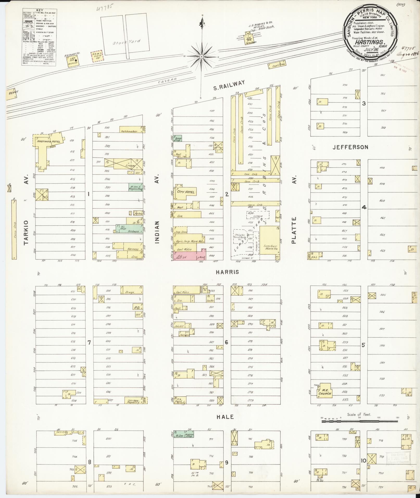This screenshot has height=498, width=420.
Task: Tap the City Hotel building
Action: (186, 192)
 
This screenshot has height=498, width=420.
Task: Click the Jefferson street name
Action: (350, 147)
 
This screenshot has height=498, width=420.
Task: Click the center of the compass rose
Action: (202, 56)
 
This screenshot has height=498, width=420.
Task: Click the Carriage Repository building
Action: (134, 408)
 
